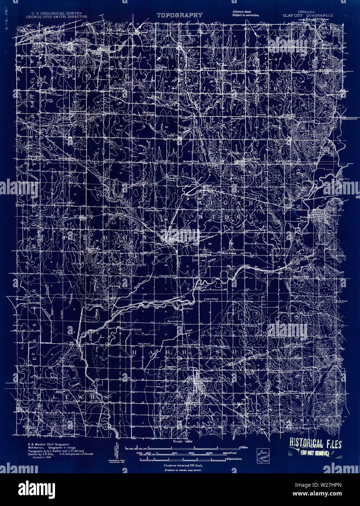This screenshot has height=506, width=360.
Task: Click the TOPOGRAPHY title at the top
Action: [x=180, y=15]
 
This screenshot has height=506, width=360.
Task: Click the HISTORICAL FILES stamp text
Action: [x=316, y=444]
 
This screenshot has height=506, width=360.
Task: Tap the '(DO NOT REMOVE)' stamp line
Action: [x=314, y=453]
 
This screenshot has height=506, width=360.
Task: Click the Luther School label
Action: [x=211, y=299]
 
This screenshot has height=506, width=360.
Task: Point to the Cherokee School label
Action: [x=168, y=276]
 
